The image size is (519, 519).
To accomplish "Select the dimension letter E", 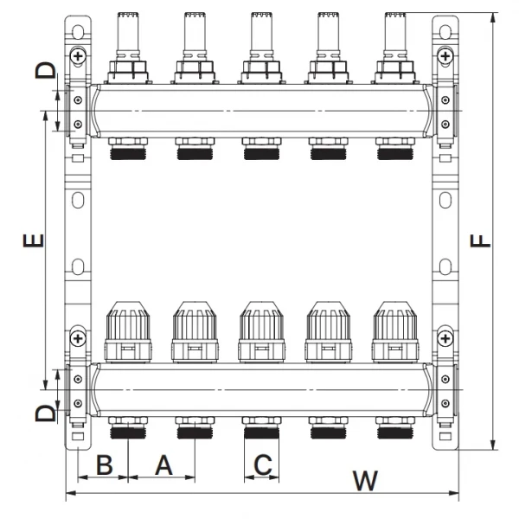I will tap(32, 240).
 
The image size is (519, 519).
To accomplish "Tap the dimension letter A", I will tap(163, 465).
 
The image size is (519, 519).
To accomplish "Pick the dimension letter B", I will tap(104, 465).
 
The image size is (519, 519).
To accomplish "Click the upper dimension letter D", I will tap(45, 70).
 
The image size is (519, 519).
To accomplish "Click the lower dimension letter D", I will tap(45, 413).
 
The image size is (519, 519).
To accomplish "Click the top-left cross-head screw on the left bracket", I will tap(78, 55).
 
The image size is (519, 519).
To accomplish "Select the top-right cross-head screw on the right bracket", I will tap(445, 55).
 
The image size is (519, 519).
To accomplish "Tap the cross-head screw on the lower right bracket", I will tap(445, 336).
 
